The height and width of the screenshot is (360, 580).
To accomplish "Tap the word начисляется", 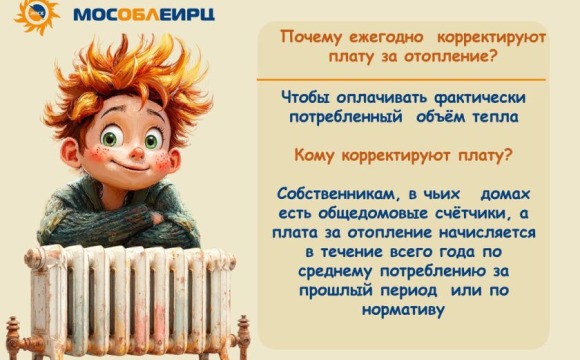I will pos(484,231).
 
